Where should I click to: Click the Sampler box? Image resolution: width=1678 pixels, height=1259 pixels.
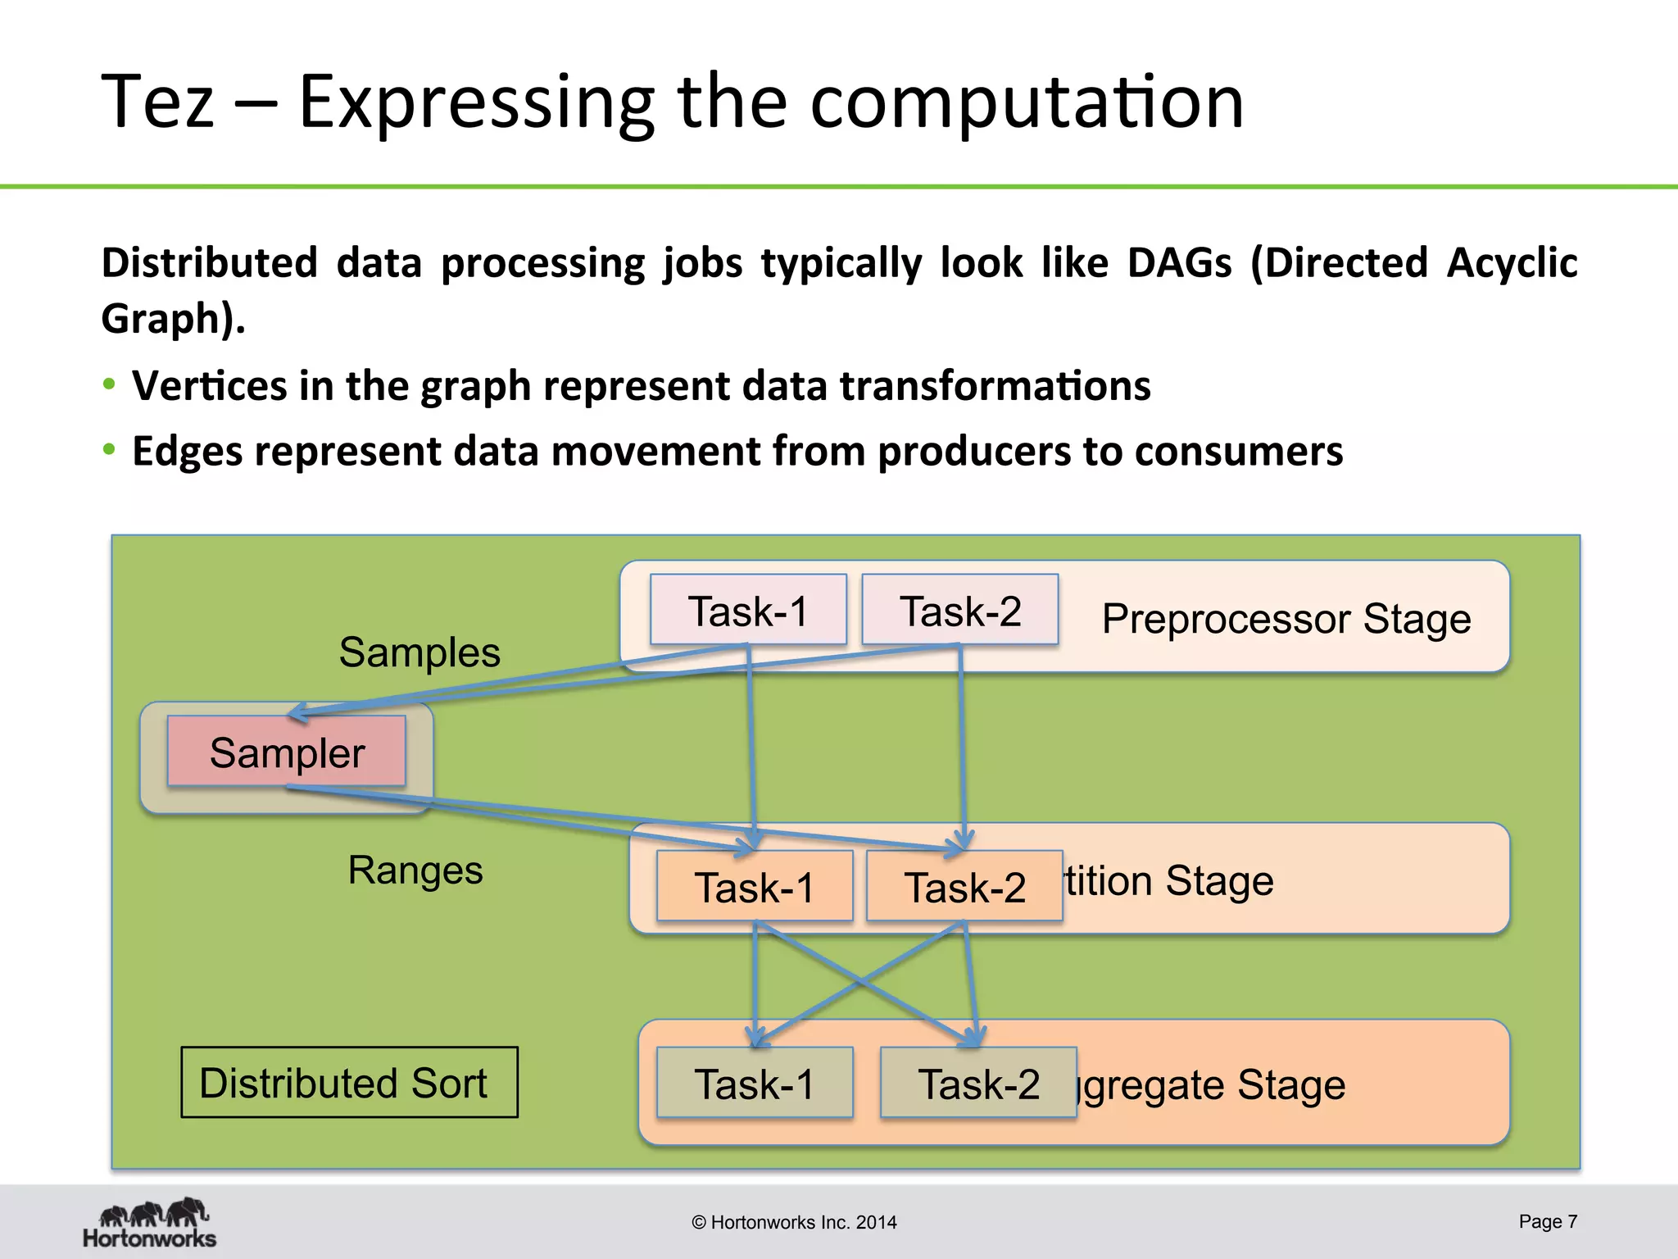coord(286,752)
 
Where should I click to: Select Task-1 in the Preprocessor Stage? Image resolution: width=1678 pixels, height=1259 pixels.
coord(747,610)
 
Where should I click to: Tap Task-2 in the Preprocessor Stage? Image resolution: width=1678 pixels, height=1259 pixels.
coord(959,610)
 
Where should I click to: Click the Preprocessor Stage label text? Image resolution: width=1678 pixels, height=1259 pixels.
coord(1286,618)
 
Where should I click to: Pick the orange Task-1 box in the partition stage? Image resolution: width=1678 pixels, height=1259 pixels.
coord(754,887)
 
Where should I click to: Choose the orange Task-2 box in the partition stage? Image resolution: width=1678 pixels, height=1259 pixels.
coord(964,887)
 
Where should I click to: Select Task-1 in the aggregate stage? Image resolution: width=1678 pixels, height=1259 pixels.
coord(754,1083)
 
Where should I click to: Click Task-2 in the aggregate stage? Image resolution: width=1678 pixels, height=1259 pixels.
coord(977,1083)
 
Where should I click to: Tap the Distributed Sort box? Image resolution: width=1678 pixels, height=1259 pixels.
coord(349,1082)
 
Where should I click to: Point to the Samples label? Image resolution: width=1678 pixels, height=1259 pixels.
coord(419,652)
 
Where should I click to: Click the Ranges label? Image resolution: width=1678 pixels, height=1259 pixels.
coord(415,870)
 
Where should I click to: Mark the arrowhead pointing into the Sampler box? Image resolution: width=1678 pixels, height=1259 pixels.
coord(297,712)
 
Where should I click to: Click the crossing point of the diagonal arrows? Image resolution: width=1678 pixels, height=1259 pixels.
coord(859,981)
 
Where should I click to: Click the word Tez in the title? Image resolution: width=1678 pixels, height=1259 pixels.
coord(157,102)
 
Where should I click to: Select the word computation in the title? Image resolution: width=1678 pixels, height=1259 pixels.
coord(1026,102)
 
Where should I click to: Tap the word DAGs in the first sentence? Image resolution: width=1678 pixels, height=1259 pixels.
coord(1178,263)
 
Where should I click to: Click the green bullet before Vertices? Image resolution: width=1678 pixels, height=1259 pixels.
coord(109,384)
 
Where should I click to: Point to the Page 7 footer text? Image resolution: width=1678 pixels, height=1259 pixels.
coord(1547,1221)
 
